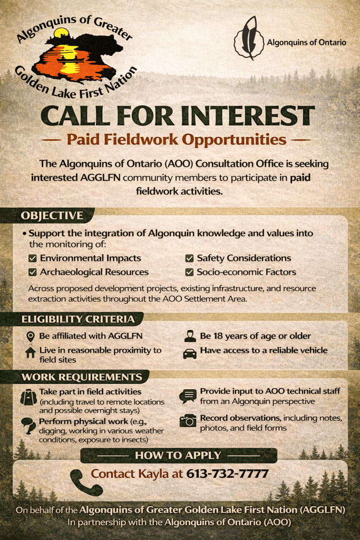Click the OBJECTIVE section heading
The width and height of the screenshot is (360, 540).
pyautogui.click(x=52, y=215)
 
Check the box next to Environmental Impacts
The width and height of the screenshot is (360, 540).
pyautogui.click(x=32, y=258)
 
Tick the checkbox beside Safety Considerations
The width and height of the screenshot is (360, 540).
pyautogui.click(x=189, y=258)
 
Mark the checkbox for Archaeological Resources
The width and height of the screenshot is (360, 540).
pyautogui.click(x=32, y=273)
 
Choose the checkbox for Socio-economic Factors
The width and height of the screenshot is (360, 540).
pyautogui.click(x=189, y=273)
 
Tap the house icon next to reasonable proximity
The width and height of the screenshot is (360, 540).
pyautogui.click(x=30, y=352)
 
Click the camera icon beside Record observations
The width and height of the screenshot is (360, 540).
pyautogui.click(x=188, y=420)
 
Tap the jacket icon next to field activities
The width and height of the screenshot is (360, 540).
pyautogui.click(x=28, y=397)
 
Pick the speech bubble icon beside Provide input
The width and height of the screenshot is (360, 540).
pyautogui.click(x=188, y=396)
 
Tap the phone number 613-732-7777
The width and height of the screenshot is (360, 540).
pyautogui.click(x=227, y=474)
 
